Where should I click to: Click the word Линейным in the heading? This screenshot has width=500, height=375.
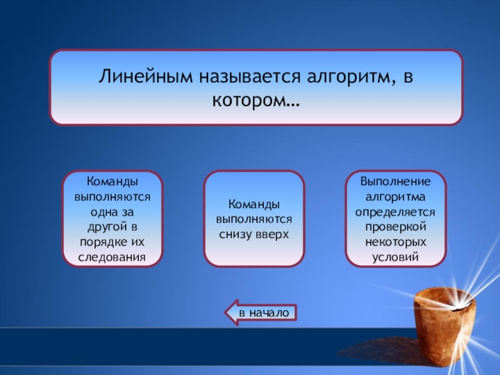point(146,76)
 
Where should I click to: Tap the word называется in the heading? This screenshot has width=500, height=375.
point(250,76)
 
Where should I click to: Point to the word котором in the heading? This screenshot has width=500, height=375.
point(251,100)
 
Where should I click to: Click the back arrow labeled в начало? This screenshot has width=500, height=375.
point(261,312)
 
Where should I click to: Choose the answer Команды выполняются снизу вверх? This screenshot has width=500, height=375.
point(254,219)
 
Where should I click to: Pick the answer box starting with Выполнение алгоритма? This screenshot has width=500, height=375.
point(396,219)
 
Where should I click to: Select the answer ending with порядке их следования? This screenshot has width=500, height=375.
point(112,219)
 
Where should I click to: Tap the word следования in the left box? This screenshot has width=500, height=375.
point(112,257)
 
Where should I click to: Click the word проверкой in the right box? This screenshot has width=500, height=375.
point(396,227)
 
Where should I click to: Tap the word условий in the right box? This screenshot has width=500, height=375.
point(396,257)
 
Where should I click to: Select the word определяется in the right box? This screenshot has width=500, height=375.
point(395,212)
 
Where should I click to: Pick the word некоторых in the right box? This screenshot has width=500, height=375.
point(396,242)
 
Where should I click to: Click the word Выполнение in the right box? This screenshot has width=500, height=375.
point(396,181)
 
